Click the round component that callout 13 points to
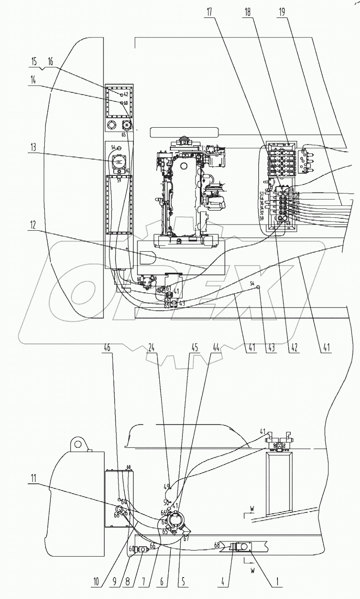tap(119, 162)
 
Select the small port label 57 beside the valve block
tap(261, 194)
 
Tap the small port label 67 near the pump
tap(186, 539)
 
